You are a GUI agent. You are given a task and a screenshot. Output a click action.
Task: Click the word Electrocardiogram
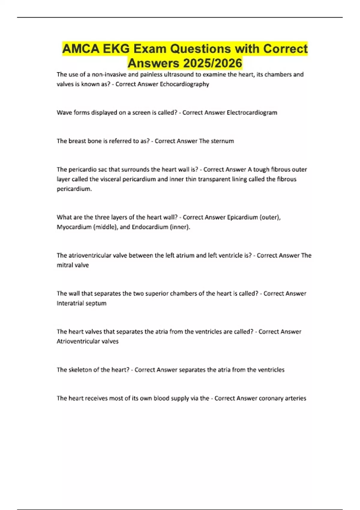[252, 113]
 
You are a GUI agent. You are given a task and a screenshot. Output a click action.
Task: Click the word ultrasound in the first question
[179, 74]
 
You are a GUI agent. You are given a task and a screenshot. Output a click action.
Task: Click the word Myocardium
[74, 227]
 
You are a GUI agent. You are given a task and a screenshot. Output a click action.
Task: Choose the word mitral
[64, 265]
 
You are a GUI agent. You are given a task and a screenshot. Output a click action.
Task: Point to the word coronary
[271, 398]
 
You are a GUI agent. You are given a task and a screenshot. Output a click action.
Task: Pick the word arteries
[295, 398]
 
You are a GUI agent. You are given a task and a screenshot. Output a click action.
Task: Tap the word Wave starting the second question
[64, 113]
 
